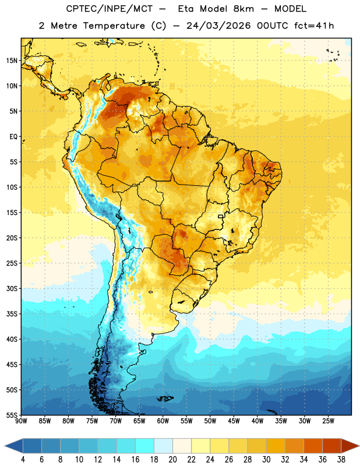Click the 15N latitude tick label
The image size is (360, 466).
coord(12,61)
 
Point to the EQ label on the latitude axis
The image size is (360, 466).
coord(13,137)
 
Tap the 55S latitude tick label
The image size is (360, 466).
coord(12,415)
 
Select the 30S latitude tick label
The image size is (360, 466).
coord(12,288)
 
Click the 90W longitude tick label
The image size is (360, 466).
coord(22,421)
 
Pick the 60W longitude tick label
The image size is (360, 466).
coord(163,421)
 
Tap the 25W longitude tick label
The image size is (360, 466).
coord(328,421)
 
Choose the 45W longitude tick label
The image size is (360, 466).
coord(234,421)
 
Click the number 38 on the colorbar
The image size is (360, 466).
coord(341,460)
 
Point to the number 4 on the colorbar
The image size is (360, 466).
coord(23,460)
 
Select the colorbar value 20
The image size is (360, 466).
coord(172,460)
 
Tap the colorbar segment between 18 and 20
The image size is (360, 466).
coord(163,446)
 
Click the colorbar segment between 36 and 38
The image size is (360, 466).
coord(332,446)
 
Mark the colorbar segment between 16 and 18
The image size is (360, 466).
coord(145,446)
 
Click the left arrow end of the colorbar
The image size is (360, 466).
coord(5,446)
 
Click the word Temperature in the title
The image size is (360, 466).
coord(114,26)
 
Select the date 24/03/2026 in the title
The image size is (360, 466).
coord(218,26)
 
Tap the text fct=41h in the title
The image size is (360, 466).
coord(314,26)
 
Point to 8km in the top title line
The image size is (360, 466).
coord(243,9)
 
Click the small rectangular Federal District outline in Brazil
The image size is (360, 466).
coord(221,216)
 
